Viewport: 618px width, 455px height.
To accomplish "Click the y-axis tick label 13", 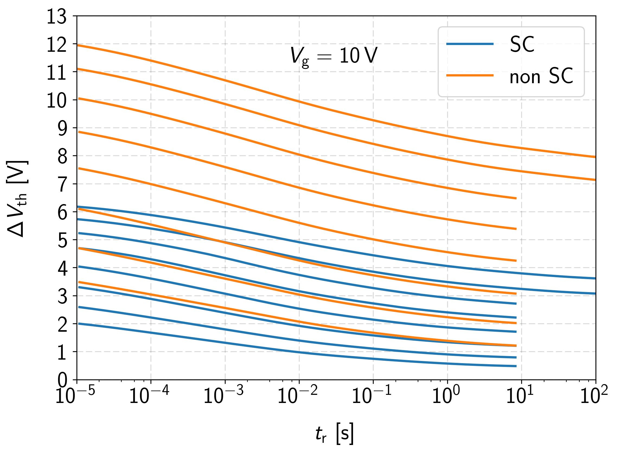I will pyautogui.click(x=57, y=17).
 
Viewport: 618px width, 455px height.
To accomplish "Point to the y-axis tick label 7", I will pyautogui.click(x=62, y=184).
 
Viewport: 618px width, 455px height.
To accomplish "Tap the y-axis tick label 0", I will pyautogui.click(x=62, y=380).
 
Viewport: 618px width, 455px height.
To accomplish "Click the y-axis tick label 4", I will pyautogui.click(x=62, y=269).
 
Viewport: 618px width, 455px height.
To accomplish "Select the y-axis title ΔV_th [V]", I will pyautogui.click(x=17, y=198).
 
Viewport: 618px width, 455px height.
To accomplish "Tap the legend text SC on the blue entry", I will pyautogui.click(x=522, y=45).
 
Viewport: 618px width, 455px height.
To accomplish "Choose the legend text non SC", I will pyautogui.click(x=541, y=76).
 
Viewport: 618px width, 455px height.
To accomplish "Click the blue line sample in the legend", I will pyautogui.click(x=470, y=44).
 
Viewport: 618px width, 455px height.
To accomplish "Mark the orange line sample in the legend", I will pyautogui.click(x=470, y=75).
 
